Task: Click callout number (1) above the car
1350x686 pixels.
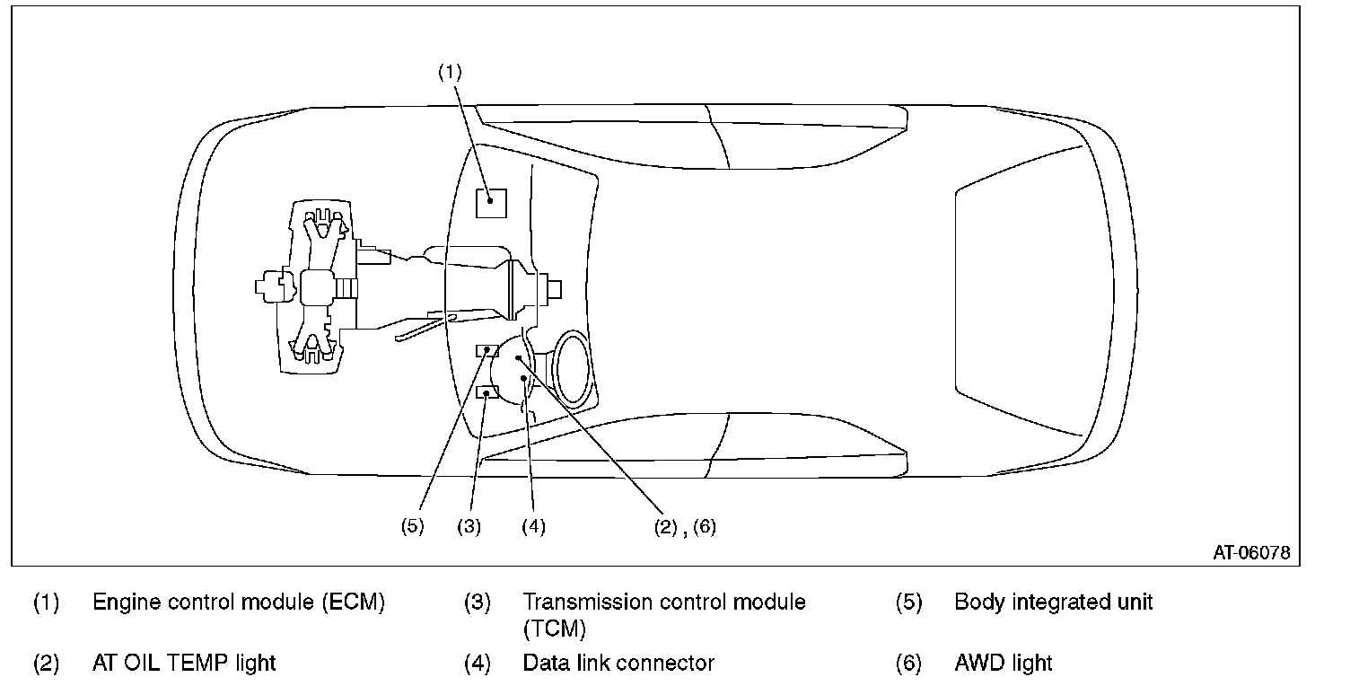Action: click(450, 73)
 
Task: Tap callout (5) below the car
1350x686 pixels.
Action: click(413, 526)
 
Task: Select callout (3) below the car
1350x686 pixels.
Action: click(469, 526)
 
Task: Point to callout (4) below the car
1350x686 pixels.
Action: click(533, 526)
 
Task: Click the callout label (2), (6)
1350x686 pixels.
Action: click(685, 527)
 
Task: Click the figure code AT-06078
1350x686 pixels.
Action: click(1252, 553)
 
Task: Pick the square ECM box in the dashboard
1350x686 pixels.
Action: click(491, 203)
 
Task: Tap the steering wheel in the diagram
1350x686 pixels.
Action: click(572, 370)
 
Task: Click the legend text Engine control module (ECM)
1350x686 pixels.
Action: click(239, 602)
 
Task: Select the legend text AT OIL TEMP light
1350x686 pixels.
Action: click(184, 663)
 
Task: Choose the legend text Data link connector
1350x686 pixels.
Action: click(618, 663)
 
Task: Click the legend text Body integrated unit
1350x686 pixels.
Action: click(1054, 602)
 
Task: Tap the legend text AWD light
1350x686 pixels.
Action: click(1004, 663)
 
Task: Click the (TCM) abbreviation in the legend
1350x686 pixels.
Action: click(555, 629)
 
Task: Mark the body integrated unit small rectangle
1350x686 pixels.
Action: click(487, 351)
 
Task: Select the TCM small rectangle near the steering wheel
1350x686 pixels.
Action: click(487, 392)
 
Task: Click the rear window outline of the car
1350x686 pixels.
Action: click(956, 289)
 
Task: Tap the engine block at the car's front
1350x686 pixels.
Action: click(316, 287)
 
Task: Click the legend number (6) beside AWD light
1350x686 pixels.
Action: click(908, 663)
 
